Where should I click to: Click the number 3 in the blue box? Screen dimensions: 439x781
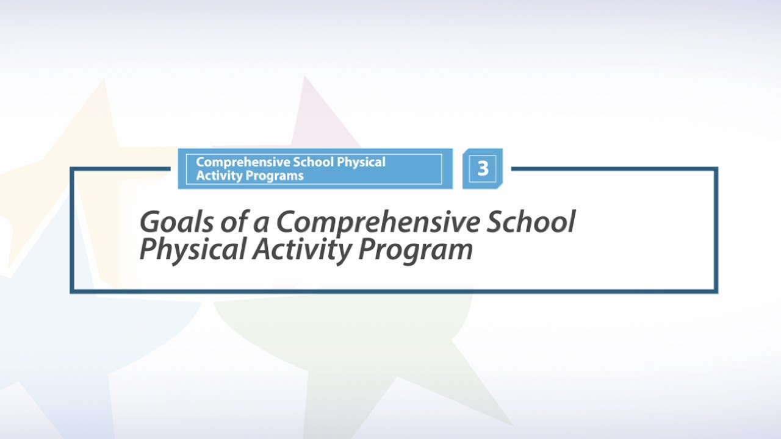483,168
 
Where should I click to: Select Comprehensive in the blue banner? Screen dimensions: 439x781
243,163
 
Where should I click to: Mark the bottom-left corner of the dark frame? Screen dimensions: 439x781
72,291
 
